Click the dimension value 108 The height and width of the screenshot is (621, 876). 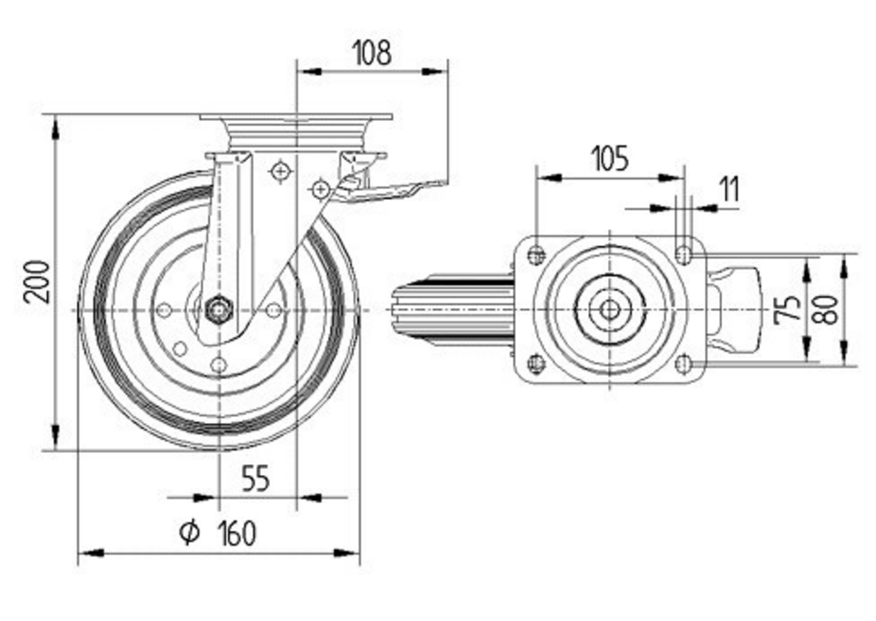coord(371,52)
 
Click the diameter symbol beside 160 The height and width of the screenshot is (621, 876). coord(189,532)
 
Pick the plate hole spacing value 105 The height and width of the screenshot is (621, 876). coord(610,159)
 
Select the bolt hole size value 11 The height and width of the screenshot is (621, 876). coord(730,189)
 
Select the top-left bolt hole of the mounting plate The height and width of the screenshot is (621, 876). coord(537,255)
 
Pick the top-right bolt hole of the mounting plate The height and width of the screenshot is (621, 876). coord(685,255)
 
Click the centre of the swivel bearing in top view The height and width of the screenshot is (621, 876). coord(609,309)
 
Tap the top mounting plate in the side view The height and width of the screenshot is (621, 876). coord(295,117)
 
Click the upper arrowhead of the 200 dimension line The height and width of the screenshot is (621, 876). coord(56,128)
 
